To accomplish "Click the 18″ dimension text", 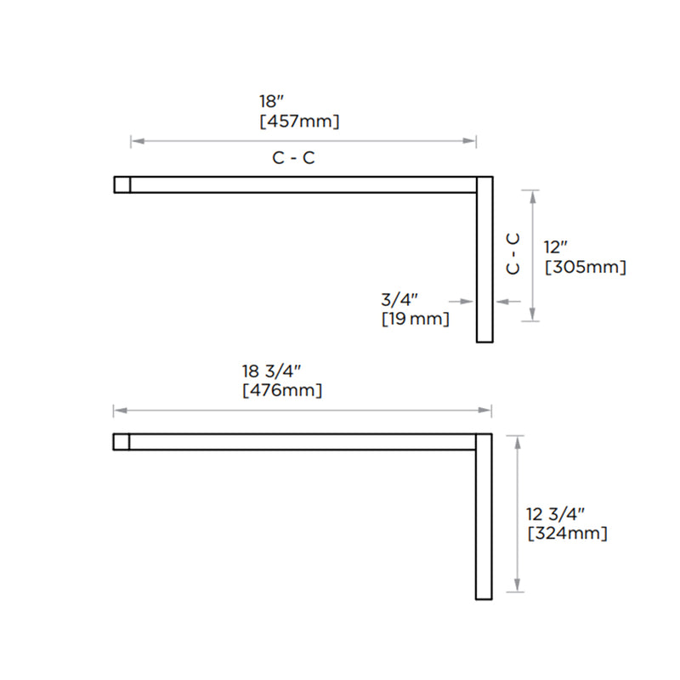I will click(x=269, y=101).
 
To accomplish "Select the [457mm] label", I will click(x=299, y=122).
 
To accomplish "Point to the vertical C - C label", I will click(x=513, y=253).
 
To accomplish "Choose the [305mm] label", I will click(x=585, y=267).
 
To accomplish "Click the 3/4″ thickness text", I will click(x=399, y=299).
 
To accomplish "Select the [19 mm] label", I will click(x=415, y=320).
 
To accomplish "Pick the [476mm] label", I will click(x=282, y=391).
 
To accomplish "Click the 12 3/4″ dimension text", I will click(x=555, y=514).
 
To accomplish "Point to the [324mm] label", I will click(x=567, y=534).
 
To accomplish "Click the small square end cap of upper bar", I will click(x=122, y=184).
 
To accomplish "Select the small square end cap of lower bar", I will click(x=121, y=441).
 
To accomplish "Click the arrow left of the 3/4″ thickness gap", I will click(x=463, y=301).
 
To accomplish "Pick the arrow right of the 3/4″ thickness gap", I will click(x=506, y=301).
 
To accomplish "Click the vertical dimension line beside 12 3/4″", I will click(x=517, y=513).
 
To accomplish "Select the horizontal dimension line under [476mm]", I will click(x=302, y=411).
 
